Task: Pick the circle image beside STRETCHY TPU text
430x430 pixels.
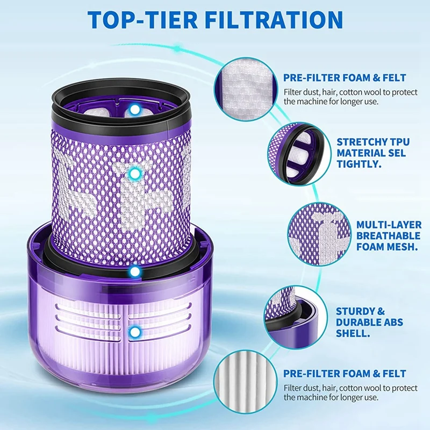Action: (293, 152)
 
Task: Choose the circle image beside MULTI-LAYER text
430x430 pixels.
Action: (315, 232)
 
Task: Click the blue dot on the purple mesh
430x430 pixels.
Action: (136, 173)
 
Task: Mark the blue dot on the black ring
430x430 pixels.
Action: (135, 272)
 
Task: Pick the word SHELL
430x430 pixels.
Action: (352, 334)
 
